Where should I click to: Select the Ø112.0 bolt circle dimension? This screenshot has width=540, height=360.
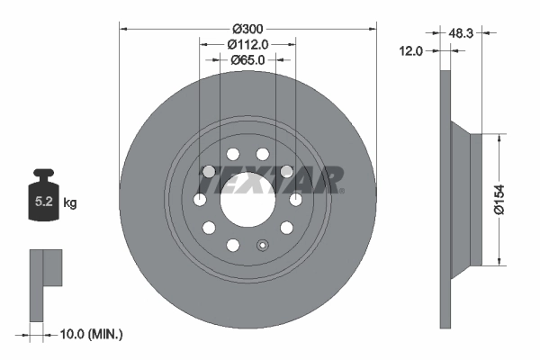[x=247, y=43]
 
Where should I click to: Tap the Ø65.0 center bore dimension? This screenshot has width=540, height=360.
[x=247, y=59]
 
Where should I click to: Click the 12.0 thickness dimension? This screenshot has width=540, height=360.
[x=411, y=51]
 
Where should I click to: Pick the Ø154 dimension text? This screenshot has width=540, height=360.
[x=510, y=199]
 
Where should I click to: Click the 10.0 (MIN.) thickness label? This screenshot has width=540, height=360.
[x=89, y=334]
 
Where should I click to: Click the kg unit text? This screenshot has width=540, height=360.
[x=70, y=203]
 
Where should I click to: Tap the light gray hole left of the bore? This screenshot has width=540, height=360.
[x=208, y=171]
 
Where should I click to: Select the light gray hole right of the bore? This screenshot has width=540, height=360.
[x=286, y=171]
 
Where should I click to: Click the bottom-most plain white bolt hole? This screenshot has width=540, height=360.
[x=232, y=245]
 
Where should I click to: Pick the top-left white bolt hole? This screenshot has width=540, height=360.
[x=232, y=153]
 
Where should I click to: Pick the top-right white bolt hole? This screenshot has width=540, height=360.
[x=262, y=153]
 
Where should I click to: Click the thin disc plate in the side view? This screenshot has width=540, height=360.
[x=445, y=199]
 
